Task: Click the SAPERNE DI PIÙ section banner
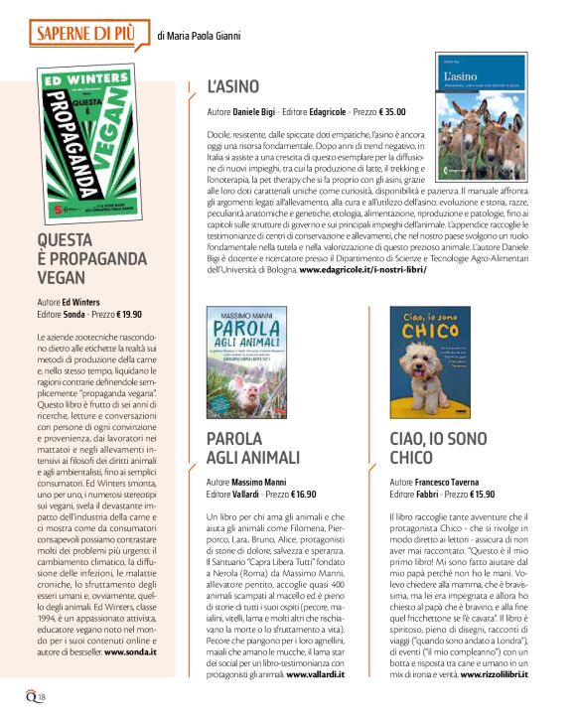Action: coord(83,36)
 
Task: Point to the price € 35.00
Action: coord(381,112)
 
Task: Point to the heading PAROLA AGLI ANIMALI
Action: coord(252,448)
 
